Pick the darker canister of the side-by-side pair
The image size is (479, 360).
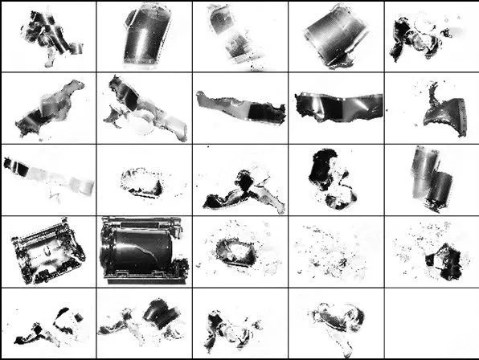coord(440,187)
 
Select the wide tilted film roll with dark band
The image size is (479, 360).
coord(335,36)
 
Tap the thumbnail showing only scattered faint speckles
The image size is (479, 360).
coord(334,251)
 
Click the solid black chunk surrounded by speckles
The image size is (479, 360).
coord(440,260)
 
